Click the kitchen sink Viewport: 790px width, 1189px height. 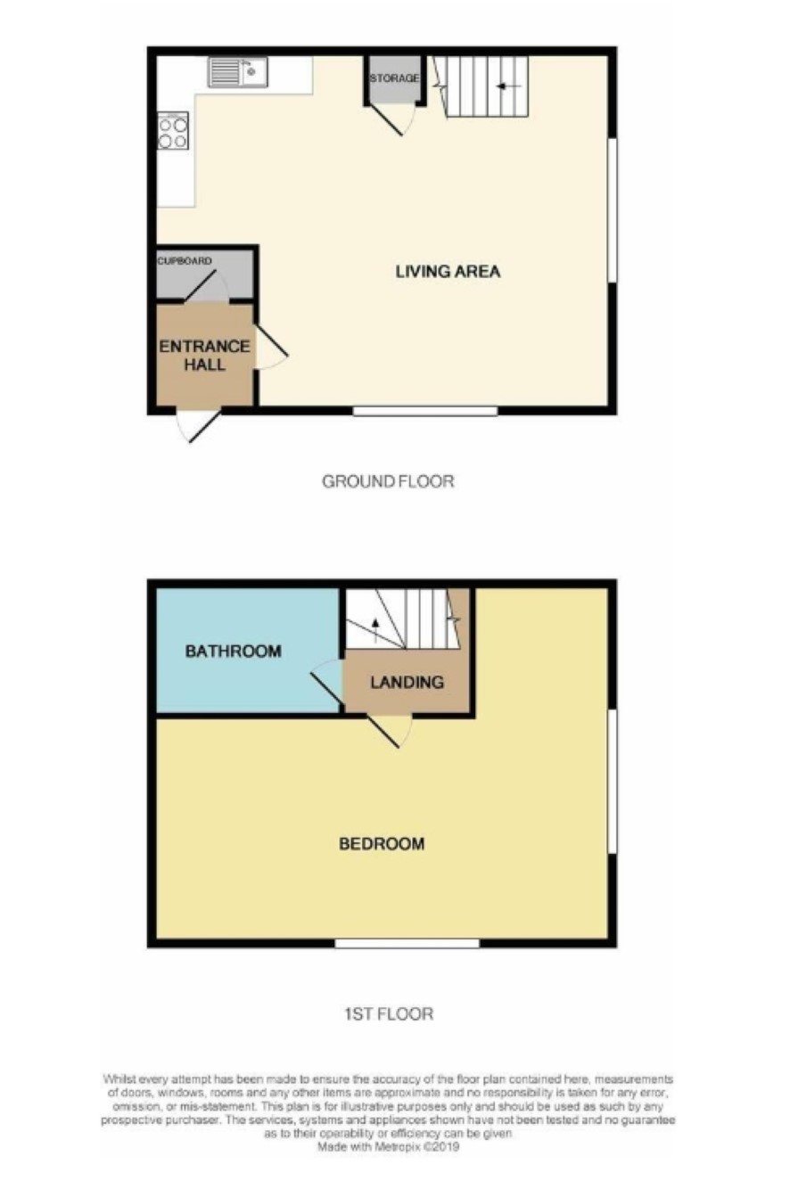click(237, 71)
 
